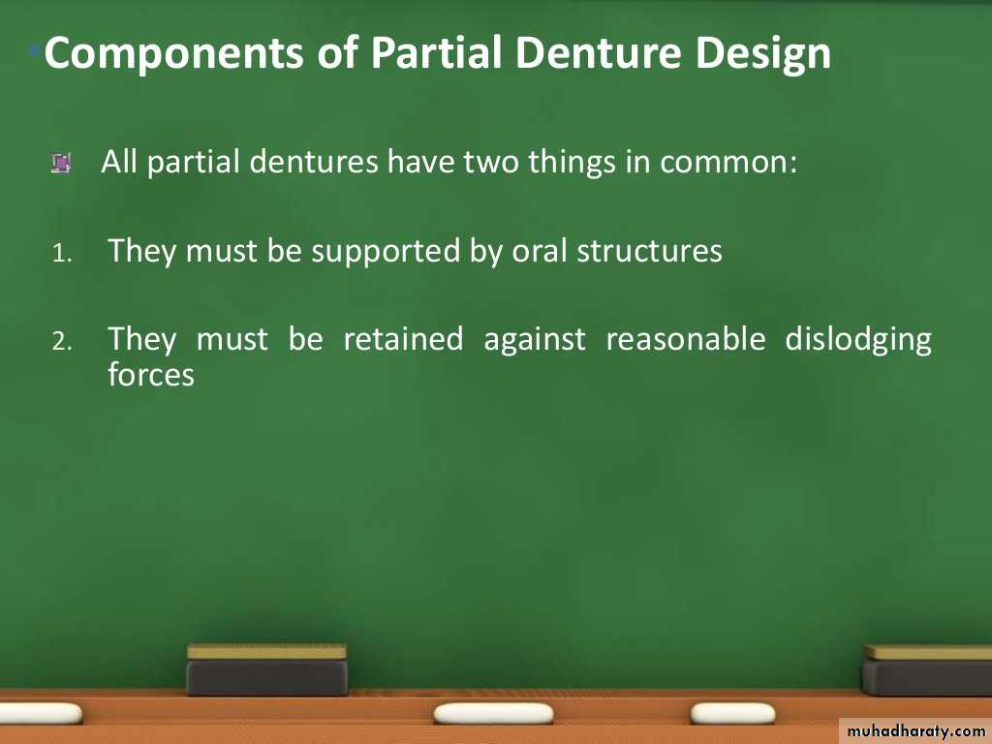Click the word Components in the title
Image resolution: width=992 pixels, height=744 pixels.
coord(173,54)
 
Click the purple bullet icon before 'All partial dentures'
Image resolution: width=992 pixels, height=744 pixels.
coord(61,164)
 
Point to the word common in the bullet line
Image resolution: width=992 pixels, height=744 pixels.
coord(728,162)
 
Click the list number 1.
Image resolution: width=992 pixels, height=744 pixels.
coord(61,255)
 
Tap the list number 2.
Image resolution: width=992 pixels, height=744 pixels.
coord(62,342)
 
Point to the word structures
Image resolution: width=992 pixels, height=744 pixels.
coord(649,252)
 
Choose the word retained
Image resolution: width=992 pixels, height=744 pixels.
coord(403,338)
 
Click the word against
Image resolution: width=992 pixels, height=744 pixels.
coord(535,340)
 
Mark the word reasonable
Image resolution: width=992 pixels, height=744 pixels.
coord(686,338)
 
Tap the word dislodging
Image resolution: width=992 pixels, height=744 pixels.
coord(858,340)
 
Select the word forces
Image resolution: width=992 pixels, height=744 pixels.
coord(150,374)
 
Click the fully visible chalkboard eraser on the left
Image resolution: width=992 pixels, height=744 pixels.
coord(267,670)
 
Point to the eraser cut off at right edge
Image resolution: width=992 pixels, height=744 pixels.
coord(927,670)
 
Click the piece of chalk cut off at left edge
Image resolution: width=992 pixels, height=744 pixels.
coord(40,714)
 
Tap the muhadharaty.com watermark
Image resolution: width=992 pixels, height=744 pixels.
coord(915,730)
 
